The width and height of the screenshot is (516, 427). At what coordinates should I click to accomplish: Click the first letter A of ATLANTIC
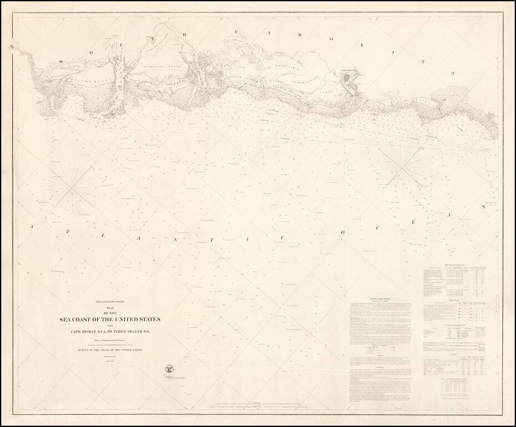click(32, 227)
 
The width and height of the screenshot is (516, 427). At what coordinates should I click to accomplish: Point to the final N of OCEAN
click(483, 206)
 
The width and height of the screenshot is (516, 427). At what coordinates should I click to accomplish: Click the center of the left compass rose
click(72, 190)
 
